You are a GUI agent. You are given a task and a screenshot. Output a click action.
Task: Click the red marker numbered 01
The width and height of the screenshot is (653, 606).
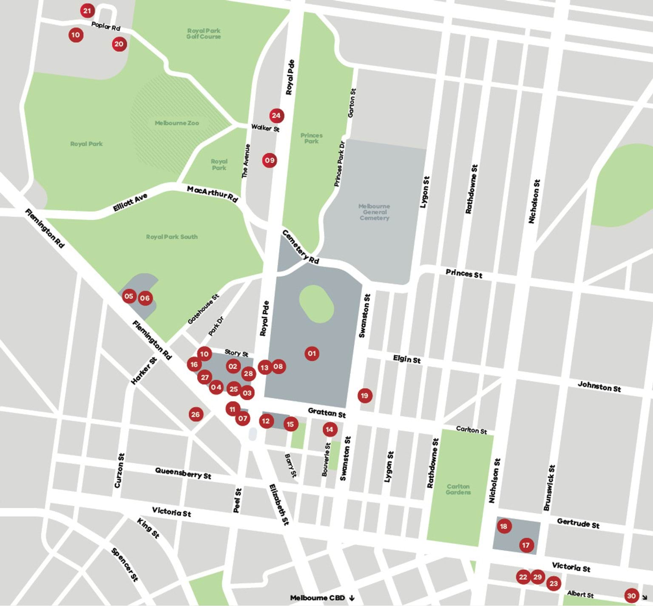(312, 353)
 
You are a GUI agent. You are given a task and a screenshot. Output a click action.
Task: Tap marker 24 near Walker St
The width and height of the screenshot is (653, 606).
(276, 115)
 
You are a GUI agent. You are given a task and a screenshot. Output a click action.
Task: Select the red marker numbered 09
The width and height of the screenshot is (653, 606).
(270, 160)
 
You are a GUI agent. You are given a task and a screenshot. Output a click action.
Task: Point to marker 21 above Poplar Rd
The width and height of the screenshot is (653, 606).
(87, 11)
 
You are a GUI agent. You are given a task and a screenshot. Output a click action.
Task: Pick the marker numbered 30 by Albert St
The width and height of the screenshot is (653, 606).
(631, 595)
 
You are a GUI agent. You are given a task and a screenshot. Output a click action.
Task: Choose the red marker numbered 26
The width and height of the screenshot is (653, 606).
(195, 414)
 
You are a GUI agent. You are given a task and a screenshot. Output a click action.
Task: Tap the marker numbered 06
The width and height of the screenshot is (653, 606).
(145, 298)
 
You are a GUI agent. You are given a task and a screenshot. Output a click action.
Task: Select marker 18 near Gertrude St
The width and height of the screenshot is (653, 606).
(503, 526)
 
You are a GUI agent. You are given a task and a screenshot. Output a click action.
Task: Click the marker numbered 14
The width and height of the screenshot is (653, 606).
(329, 429)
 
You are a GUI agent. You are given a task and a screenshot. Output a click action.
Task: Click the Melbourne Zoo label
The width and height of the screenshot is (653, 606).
(176, 123)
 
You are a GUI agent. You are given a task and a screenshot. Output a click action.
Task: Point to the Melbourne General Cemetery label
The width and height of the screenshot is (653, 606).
(374, 212)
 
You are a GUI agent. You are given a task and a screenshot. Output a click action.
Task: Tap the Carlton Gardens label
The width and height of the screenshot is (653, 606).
(458, 489)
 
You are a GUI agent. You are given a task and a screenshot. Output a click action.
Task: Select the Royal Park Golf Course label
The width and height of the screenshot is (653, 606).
(203, 34)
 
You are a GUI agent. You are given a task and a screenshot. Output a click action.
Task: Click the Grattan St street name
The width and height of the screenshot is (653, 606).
(326, 412)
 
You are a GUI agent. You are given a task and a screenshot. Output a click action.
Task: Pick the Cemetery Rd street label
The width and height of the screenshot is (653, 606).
(301, 247)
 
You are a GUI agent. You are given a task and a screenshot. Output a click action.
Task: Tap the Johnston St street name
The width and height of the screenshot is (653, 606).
(599, 386)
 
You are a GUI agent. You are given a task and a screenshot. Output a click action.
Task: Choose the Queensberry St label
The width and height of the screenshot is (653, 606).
(183, 473)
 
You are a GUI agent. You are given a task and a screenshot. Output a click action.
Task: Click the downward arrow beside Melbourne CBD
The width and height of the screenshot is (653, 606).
(352, 598)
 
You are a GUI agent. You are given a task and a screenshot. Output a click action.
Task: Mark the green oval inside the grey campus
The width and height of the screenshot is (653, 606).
(316, 303)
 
